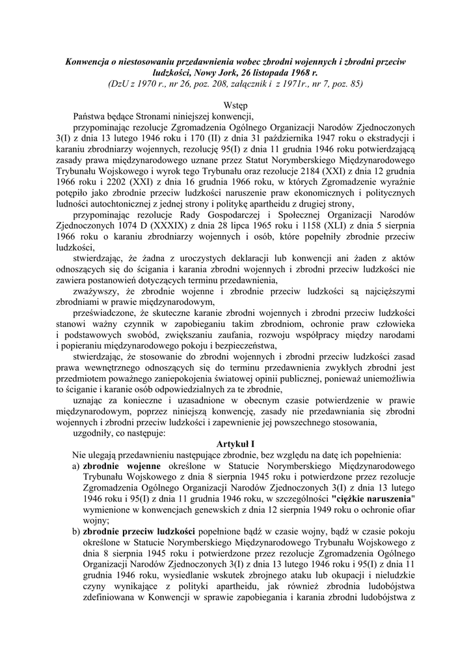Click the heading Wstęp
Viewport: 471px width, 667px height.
point(235,105)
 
